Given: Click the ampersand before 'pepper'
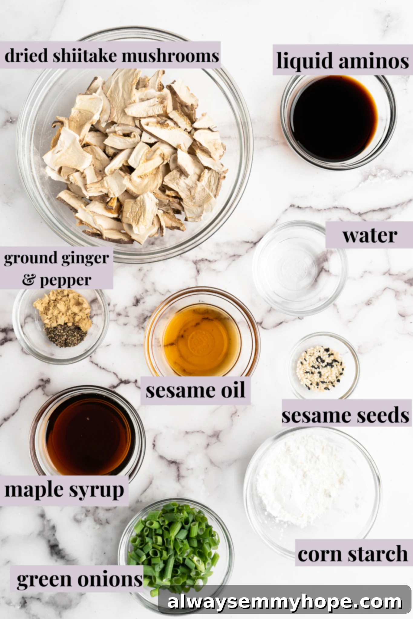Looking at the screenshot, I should coord(29,280).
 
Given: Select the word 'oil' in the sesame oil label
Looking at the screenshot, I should coord(233,390).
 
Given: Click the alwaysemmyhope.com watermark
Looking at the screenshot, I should coord(284,602).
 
